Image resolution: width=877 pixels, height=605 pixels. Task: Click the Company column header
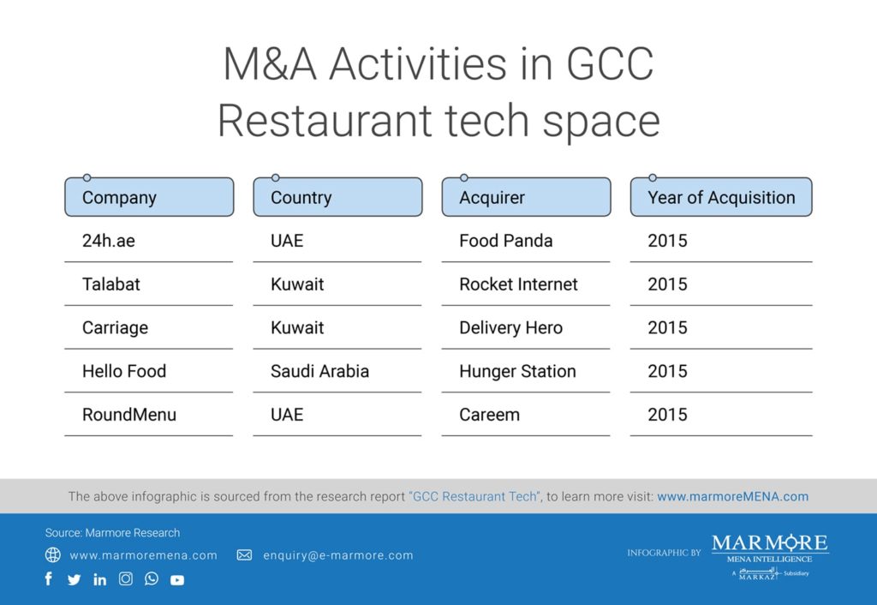point(149,197)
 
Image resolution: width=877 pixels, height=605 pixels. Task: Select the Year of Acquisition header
point(721,197)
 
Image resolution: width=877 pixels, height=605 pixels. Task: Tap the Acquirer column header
point(527,197)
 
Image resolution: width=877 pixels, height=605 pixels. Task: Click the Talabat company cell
point(111,285)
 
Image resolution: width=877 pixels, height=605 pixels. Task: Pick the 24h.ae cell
point(109,241)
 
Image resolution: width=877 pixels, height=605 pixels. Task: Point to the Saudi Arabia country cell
point(320,371)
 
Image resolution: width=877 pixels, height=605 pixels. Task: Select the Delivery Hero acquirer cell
point(510,328)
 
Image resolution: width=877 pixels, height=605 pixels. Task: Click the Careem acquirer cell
point(489,415)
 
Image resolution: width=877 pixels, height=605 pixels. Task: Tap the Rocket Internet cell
point(518,285)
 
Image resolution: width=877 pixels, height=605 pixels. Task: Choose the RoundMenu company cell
point(129,415)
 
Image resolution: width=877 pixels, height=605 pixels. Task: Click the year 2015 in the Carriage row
point(667,328)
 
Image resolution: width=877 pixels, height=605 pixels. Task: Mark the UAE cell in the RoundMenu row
point(287,415)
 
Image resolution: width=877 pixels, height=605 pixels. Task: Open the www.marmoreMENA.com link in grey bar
point(733,496)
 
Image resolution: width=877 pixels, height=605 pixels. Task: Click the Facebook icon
point(49,578)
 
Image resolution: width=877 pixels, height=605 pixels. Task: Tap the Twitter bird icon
point(74,580)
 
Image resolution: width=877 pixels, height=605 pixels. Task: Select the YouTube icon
point(177,580)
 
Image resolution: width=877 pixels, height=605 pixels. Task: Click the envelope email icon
point(244,555)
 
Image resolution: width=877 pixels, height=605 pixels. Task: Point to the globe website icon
point(52,554)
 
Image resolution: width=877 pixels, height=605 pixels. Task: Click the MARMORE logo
point(770,556)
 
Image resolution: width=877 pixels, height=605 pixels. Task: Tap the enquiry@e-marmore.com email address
point(338,556)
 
